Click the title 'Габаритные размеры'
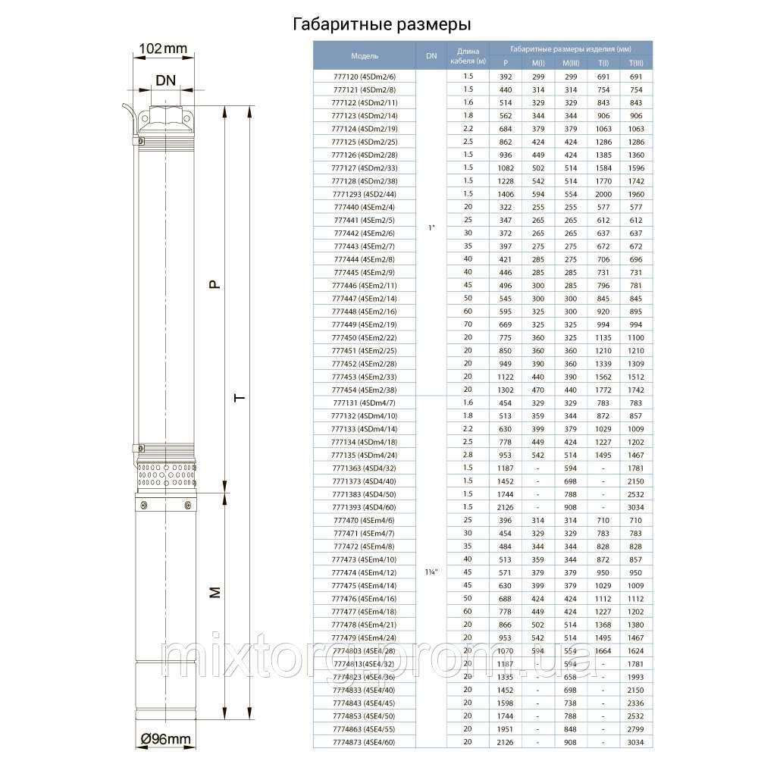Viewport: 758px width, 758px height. coord(374,26)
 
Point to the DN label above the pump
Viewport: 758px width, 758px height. coord(167,81)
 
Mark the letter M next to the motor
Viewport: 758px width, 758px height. coord(215,594)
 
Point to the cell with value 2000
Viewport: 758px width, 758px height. coord(604,194)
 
